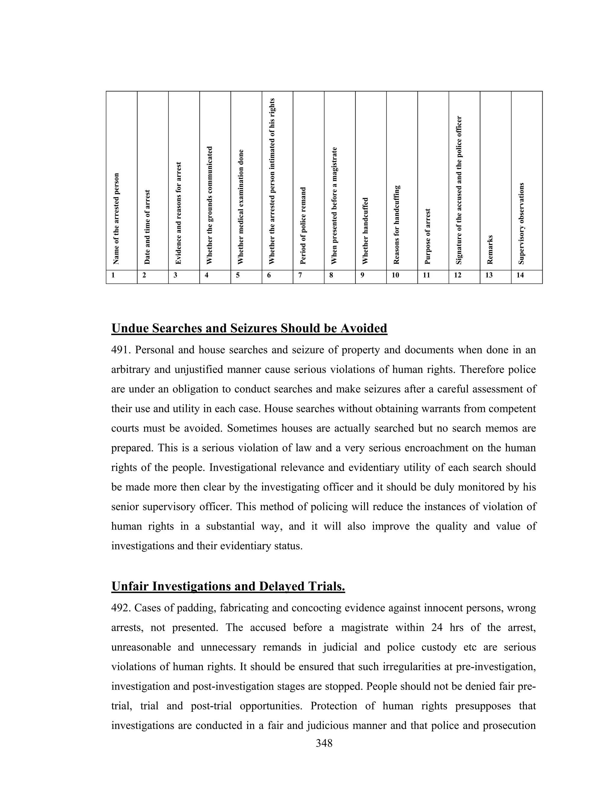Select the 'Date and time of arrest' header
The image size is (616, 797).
tap(147, 227)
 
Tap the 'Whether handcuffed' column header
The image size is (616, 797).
tap(365, 231)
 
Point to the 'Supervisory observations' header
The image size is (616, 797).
tap(521, 223)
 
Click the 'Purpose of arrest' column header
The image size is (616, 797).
tap(428, 236)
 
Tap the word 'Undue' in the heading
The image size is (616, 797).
tap(130, 328)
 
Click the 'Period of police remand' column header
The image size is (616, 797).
tap(303, 225)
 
